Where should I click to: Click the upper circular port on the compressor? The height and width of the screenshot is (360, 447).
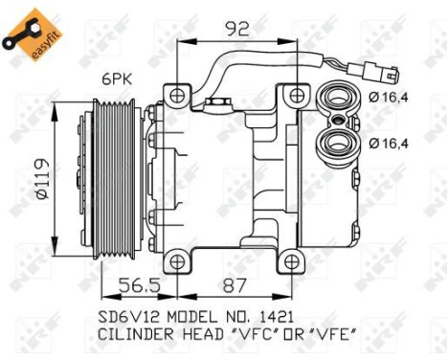[338, 99]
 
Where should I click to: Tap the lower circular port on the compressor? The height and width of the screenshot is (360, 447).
[338, 145]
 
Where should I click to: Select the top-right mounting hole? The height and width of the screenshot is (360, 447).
[300, 95]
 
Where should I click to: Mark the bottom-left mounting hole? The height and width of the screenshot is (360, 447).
[174, 260]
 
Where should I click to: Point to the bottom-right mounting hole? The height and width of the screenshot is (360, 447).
[293, 260]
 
